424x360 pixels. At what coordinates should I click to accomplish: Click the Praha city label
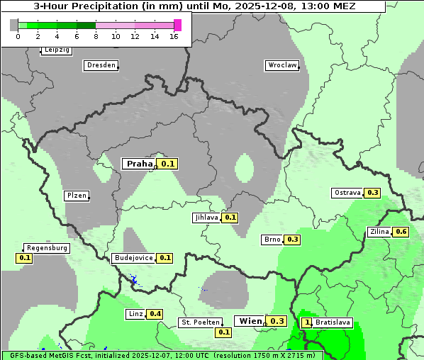click(139, 164)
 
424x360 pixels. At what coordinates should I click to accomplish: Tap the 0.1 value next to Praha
click(167, 164)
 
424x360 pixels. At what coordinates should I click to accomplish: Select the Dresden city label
click(101, 65)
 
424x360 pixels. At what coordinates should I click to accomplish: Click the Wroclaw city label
click(282, 65)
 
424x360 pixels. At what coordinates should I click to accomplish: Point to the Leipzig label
click(56, 50)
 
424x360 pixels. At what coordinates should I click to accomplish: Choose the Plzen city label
click(76, 196)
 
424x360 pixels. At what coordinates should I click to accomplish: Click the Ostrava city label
click(347, 193)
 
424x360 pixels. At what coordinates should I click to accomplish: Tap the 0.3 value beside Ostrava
click(373, 193)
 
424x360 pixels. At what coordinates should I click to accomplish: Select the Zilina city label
click(379, 232)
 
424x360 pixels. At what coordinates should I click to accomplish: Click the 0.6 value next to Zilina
click(401, 232)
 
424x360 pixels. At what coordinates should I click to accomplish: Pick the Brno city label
click(272, 240)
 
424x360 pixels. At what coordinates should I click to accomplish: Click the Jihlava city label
click(206, 218)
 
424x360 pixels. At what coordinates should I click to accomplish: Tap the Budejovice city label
click(133, 258)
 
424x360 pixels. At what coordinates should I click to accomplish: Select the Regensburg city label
click(47, 248)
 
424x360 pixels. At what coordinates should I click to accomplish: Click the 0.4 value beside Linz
click(155, 314)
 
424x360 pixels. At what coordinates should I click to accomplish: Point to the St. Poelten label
click(200, 322)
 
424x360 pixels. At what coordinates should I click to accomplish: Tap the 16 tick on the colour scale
click(174, 36)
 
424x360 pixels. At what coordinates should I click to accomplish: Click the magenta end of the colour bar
click(177, 25)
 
